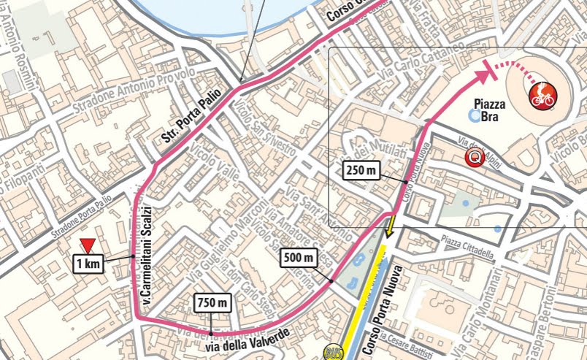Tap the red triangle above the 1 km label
point(88,247)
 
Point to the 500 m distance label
point(299,257)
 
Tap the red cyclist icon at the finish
point(542,93)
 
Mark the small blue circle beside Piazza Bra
point(475,115)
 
